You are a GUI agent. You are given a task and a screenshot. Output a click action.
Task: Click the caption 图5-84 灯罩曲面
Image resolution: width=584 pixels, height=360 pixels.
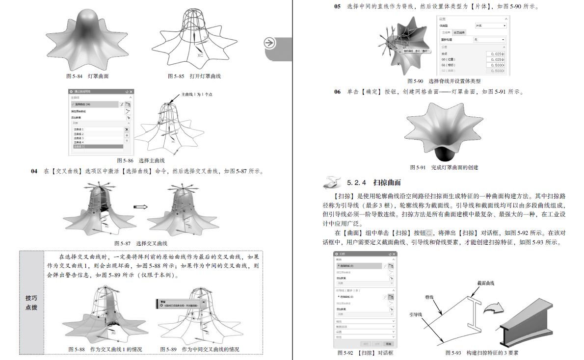point(87,76)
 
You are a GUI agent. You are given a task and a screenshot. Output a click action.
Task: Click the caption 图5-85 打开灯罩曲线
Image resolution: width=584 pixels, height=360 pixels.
point(194,76)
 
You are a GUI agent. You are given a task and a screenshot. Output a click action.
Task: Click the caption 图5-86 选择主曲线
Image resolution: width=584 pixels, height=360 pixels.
point(140,160)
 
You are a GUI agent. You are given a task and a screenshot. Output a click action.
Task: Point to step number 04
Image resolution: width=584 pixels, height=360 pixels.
point(34,171)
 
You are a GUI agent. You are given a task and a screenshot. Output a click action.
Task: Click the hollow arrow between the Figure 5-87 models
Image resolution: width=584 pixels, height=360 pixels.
point(140,207)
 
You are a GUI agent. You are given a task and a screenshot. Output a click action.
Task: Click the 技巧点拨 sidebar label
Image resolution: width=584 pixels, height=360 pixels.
point(31,302)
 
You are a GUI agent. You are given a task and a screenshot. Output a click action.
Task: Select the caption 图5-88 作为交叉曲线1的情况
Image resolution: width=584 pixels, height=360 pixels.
point(105,349)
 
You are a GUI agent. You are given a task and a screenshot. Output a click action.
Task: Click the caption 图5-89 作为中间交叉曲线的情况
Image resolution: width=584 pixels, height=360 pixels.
point(200,349)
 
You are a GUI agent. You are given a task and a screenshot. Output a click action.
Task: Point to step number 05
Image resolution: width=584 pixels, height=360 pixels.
point(337,7)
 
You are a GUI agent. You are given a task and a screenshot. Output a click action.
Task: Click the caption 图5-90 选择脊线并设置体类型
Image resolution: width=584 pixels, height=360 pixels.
point(444,81)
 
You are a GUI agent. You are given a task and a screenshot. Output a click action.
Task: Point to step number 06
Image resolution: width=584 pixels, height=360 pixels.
point(337,92)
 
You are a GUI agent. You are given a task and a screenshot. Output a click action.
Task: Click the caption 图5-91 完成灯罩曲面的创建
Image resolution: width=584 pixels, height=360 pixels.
point(444,167)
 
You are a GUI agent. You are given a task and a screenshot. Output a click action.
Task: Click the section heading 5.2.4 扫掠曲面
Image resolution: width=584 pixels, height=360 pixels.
point(373,182)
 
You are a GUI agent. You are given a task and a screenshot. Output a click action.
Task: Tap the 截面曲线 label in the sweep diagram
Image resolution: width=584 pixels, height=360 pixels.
point(485,283)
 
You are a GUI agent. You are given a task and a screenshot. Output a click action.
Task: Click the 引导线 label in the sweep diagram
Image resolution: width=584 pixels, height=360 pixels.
point(416,314)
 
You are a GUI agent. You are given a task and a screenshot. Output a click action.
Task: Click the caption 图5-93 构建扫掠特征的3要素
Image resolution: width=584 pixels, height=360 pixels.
point(481,353)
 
